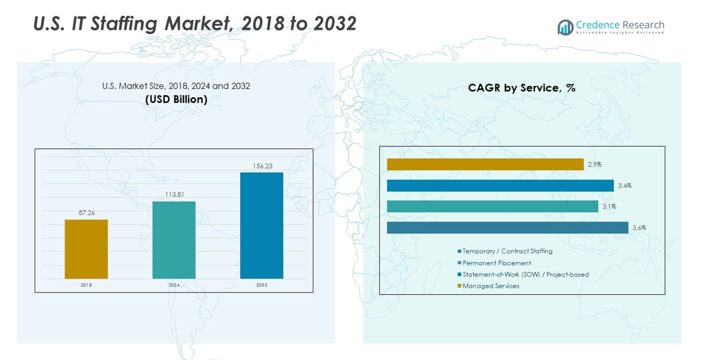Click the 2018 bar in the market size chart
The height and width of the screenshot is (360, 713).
[86, 249]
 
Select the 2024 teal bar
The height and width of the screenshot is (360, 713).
[173, 240]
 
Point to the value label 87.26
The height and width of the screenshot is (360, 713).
[86, 213]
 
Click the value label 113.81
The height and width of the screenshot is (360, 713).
[174, 195]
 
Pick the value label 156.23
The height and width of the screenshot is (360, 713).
[262, 165]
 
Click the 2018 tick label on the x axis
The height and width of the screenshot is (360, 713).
[86, 285]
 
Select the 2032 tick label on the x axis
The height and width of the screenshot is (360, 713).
[262, 285]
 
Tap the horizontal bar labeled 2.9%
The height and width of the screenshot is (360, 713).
[485, 164]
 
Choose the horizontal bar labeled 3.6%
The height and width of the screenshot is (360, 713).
[507, 227]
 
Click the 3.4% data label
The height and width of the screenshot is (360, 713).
[624, 185]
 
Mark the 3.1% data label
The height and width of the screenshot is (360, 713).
[609, 207]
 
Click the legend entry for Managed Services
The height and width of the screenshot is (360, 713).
[490, 286]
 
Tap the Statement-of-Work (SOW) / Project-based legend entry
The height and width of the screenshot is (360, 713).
[525, 274]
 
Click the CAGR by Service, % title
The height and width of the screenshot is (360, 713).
[521, 88]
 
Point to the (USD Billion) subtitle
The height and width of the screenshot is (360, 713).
[176, 99]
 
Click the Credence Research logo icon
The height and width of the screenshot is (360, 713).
[565, 27]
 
